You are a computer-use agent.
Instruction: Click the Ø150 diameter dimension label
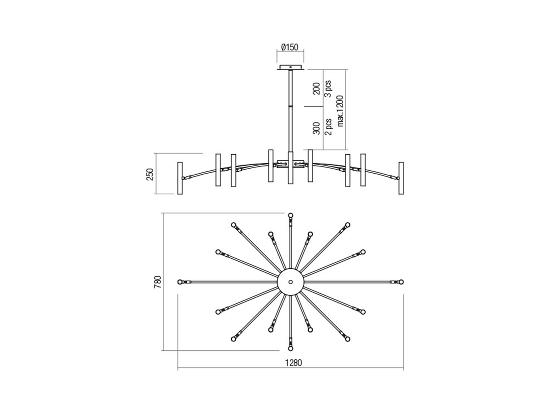point(289,47)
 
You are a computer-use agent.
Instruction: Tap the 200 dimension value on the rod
point(316,88)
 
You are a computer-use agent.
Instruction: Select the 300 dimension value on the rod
point(316,128)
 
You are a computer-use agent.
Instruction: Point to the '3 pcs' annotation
point(328,89)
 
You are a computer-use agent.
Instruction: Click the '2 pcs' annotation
point(328,127)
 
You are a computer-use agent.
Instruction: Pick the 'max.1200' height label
point(340,111)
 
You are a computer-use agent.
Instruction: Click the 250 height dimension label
point(150,174)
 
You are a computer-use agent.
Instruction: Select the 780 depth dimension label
point(157,282)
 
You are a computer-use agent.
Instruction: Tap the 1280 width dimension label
point(293,363)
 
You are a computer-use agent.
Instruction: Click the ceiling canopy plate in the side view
point(290,67)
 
